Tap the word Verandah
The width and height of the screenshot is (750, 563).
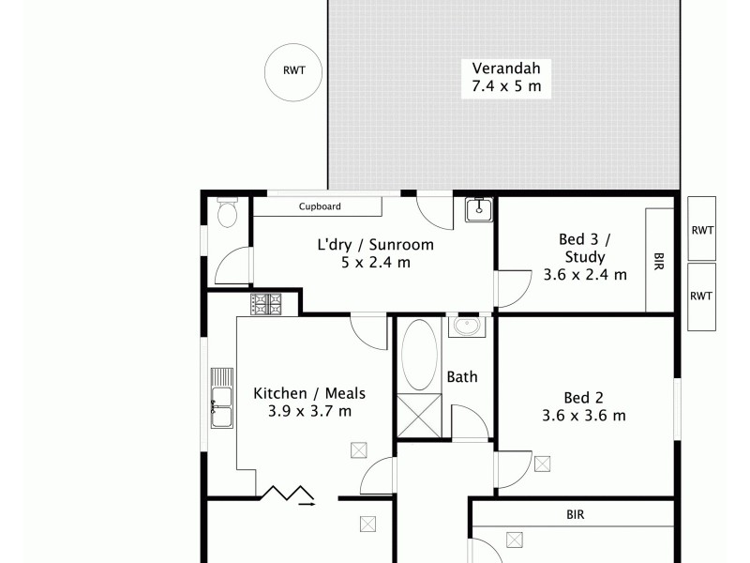click(x=506, y=69)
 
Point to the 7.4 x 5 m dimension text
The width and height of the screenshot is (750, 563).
click(x=506, y=88)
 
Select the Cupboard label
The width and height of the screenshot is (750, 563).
click(x=320, y=206)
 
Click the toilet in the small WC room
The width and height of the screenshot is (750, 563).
click(x=226, y=216)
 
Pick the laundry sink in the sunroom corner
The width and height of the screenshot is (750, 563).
click(x=479, y=208)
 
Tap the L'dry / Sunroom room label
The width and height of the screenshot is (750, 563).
click(x=375, y=245)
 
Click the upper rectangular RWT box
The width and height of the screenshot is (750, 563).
click(x=701, y=228)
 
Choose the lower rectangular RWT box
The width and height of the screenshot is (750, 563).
click(x=701, y=296)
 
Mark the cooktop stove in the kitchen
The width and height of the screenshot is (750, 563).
click(x=266, y=303)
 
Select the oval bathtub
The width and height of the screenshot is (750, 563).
click(x=418, y=355)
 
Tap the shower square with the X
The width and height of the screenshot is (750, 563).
click(x=418, y=414)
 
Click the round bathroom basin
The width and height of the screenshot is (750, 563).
click(x=466, y=327)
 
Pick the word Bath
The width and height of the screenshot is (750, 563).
click(x=461, y=377)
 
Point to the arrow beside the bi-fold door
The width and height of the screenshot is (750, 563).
click(x=307, y=504)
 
